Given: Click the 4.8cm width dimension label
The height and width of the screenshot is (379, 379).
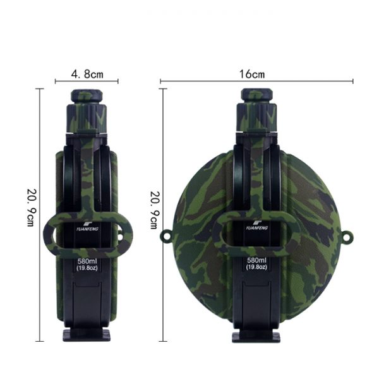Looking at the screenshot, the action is point(87,74).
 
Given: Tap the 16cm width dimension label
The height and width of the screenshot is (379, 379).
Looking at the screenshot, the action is point(252,74).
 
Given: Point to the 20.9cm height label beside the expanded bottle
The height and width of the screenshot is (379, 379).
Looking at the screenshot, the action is point(155,210).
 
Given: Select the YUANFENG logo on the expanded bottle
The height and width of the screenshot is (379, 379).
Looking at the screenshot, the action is point(257,226).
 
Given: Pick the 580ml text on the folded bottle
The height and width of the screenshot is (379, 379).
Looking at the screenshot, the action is point(87,261).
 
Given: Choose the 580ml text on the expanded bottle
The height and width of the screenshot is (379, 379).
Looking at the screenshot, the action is point(256,260).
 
